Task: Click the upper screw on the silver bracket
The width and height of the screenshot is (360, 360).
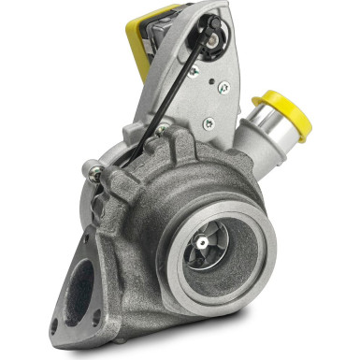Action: (223, 88)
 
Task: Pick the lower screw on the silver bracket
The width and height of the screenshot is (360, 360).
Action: (209, 122)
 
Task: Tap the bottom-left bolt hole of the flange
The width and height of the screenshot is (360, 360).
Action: (55, 326)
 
